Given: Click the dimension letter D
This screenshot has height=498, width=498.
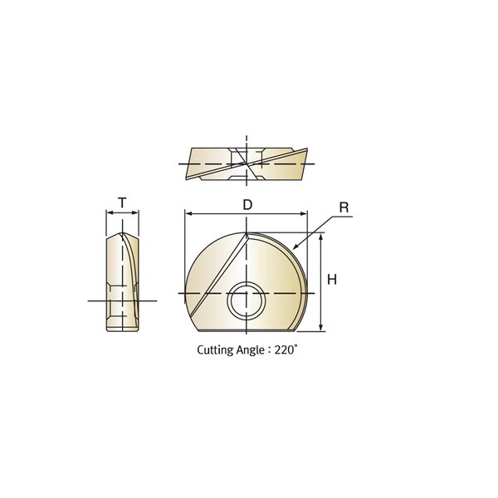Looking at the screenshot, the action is [x=247, y=205].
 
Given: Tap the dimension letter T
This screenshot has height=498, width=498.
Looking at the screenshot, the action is [x=122, y=203].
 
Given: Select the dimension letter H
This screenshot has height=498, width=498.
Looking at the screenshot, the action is [x=332, y=280].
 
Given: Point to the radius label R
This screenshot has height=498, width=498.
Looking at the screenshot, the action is [x=344, y=207].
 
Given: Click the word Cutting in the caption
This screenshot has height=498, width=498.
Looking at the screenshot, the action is [x=215, y=350].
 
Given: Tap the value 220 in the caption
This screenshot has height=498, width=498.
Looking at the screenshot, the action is [x=285, y=350].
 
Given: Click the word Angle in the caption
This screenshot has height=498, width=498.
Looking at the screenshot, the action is [x=251, y=350].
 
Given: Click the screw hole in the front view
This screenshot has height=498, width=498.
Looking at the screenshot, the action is [x=247, y=300].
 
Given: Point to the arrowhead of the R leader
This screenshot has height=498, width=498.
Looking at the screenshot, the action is [x=295, y=247].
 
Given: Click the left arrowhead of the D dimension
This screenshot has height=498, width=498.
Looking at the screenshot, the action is [x=188, y=214].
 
